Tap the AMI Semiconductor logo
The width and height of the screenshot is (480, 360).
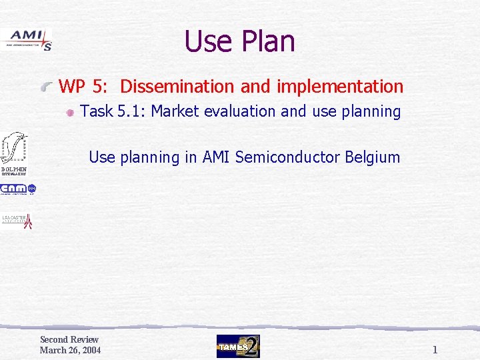[x=27, y=40]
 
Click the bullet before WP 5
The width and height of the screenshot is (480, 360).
[x=47, y=87]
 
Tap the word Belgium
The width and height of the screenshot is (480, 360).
[x=373, y=157]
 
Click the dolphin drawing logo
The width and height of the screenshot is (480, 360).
[x=14, y=148]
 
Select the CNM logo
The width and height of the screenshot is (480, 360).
[x=18, y=190]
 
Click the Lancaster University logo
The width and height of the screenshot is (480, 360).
[x=17, y=221]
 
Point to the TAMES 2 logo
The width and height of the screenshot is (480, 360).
[x=238, y=346]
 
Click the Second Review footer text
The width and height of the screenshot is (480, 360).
[x=69, y=340]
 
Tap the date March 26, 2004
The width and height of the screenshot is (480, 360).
[x=70, y=351]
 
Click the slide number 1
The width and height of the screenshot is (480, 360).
[x=435, y=349]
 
